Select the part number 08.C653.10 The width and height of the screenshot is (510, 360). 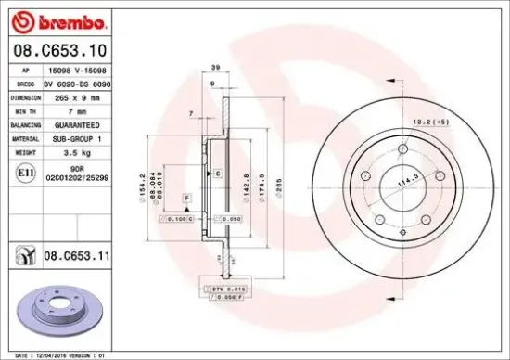tap(57, 50)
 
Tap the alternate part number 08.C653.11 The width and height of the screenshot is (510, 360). tap(79, 251)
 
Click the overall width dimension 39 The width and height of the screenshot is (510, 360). tap(215, 69)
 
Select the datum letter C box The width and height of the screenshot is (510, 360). tap(217, 174)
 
